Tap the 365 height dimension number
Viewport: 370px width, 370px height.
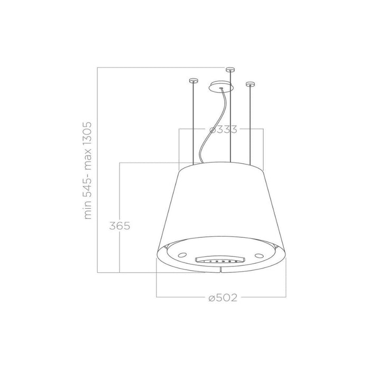(x=120, y=226)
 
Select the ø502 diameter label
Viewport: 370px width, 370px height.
(x=222, y=298)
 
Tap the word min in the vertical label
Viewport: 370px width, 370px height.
(x=88, y=211)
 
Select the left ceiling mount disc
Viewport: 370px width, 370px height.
(x=192, y=81)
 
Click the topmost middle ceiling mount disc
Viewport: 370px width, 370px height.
(x=229, y=69)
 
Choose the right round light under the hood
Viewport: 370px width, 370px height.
(x=260, y=255)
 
